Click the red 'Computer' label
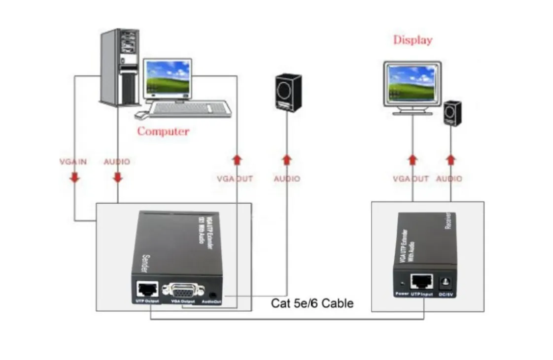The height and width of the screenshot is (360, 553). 163,131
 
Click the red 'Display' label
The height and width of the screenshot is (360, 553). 412,40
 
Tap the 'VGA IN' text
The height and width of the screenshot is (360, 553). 73,162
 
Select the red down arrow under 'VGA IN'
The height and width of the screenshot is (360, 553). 74,177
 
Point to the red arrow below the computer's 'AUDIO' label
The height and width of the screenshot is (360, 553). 117,177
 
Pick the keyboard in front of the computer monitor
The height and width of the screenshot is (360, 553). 190,108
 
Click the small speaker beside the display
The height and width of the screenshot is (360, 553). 452,113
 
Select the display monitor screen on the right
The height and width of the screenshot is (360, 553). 412,81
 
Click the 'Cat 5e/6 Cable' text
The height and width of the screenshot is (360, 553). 312,303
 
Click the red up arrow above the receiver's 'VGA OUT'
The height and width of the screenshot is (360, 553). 413,160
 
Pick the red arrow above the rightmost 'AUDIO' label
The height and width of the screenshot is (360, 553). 450,160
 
